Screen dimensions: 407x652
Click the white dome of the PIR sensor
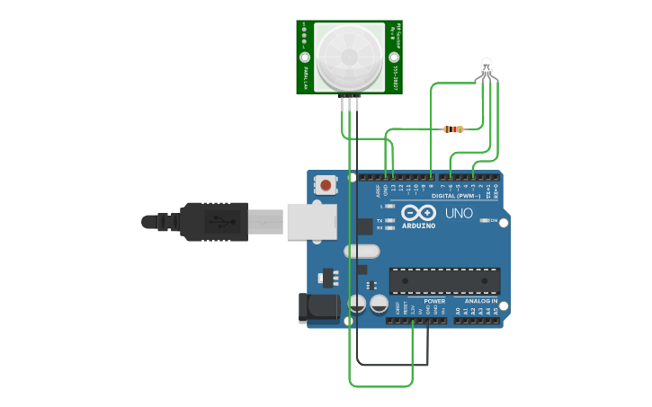(x=349, y=56)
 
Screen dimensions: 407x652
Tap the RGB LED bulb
(x=487, y=66)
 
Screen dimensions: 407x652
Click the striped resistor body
(x=454, y=129)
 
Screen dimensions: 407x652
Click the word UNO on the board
(x=459, y=213)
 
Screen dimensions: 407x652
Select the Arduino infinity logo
(x=418, y=213)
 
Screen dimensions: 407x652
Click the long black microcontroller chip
(x=444, y=280)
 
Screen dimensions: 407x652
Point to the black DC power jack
(x=319, y=307)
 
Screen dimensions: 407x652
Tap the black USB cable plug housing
(x=212, y=221)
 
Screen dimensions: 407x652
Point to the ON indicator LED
(x=484, y=220)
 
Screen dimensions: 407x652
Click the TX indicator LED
(x=390, y=220)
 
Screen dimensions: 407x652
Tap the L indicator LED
(x=390, y=207)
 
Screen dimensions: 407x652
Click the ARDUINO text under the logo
(x=419, y=226)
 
